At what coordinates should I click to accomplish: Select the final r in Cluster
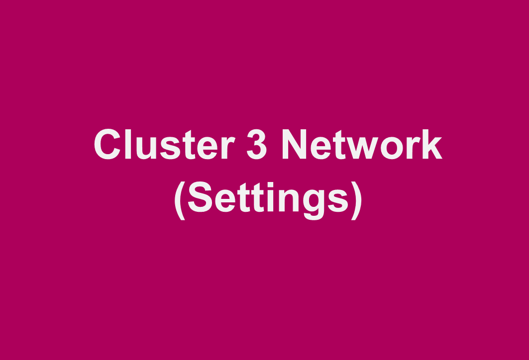(228, 148)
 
